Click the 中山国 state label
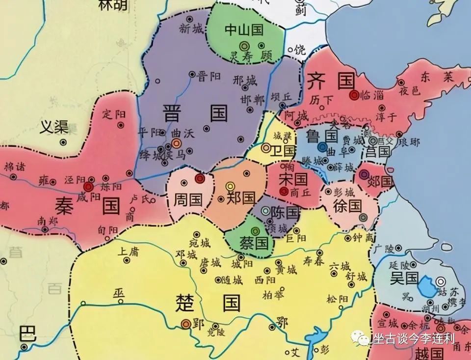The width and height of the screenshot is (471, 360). point(244,30)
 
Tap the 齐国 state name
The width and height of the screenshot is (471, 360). point(331,81)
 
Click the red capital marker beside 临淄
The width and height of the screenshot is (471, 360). point(354,95)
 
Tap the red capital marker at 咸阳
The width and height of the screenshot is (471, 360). point(88,187)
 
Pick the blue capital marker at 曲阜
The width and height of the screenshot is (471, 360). point(322,146)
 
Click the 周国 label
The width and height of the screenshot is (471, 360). point(188,199)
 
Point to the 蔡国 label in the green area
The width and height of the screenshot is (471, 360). point(254,242)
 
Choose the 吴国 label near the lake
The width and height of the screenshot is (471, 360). point(404,279)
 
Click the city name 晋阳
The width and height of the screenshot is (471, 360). point(209,76)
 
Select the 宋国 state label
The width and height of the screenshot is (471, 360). point(293,178)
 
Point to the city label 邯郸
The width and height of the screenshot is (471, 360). point(252,100)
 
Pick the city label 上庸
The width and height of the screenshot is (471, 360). point(130,252)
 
